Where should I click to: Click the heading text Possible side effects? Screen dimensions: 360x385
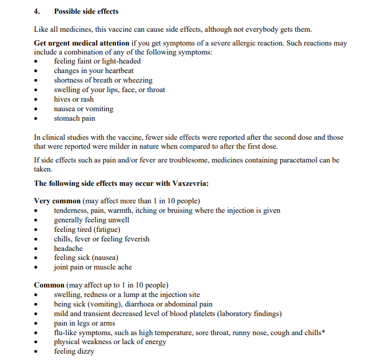(86, 11)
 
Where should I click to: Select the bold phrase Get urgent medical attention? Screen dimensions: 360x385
(82, 43)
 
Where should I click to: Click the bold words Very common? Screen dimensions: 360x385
(57, 201)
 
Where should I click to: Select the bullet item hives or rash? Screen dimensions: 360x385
(74, 99)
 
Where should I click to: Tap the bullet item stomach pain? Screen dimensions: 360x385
(75, 118)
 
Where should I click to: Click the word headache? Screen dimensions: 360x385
(68, 248)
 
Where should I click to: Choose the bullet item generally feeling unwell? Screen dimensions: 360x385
(92, 220)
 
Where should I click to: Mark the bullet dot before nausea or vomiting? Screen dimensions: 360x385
(36, 109)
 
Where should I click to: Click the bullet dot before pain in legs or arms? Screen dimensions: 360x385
(36, 323)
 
